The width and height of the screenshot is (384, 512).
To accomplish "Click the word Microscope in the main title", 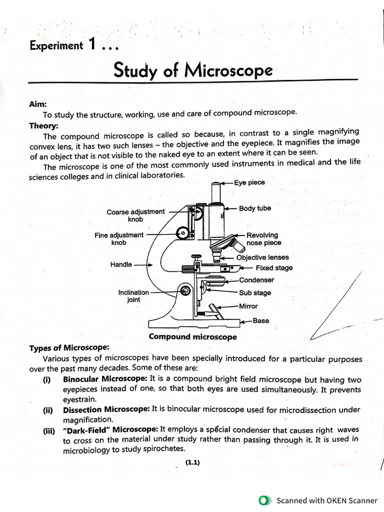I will point(229,71).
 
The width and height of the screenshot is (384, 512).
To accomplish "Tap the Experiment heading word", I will point(56,46).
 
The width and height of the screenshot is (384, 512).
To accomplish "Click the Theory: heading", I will point(43,126).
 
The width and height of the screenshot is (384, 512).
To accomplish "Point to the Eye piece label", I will point(249,183).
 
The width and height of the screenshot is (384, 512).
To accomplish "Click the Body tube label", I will point(255,208).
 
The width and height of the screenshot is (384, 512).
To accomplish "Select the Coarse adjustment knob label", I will point(135,215).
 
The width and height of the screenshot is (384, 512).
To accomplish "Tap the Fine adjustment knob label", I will point(119,238).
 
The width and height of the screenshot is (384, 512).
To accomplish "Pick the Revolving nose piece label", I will point(263,239).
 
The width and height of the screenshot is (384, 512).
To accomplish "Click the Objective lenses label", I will point(262,257).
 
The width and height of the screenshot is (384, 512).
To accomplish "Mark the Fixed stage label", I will point(274,268).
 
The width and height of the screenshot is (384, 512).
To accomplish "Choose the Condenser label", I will point(256,280).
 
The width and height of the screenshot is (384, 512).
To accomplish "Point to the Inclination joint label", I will point(133,296).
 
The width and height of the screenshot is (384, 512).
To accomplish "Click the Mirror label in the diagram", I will point(248,306).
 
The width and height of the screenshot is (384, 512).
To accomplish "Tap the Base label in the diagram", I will point(260,321).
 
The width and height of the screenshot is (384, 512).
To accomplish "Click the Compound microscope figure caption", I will point(192,337).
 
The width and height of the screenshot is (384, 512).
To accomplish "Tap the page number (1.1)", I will point(192,462).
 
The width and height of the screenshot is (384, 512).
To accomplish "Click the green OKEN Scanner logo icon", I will point(265,500).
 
